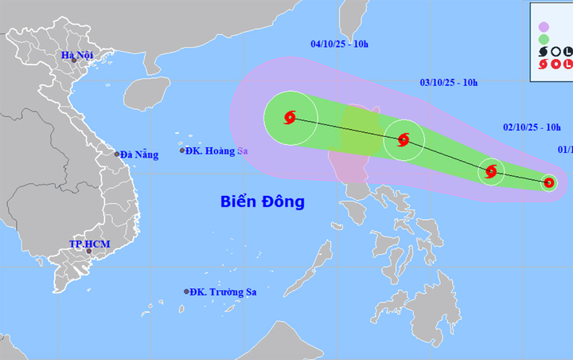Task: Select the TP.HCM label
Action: coord(89,243)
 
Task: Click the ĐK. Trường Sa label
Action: coord(224,292)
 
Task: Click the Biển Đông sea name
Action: coord(262,202)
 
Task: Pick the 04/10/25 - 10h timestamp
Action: coord(339,44)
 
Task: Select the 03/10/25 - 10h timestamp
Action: coord(449,82)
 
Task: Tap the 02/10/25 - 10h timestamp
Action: coord(532,127)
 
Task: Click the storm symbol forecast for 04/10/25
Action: coord(290,119)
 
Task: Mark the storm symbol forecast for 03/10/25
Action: coord(403,141)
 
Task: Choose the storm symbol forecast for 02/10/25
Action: coord(491,170)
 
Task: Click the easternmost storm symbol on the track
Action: coord(548,183)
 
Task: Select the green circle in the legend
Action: coord(544,37)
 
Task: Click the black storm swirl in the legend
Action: coord(544,51)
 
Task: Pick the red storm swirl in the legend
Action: coord(544,64)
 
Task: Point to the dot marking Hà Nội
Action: coord(73,61)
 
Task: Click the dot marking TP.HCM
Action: coord(89,252)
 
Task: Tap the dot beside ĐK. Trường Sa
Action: coord(187,292)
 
